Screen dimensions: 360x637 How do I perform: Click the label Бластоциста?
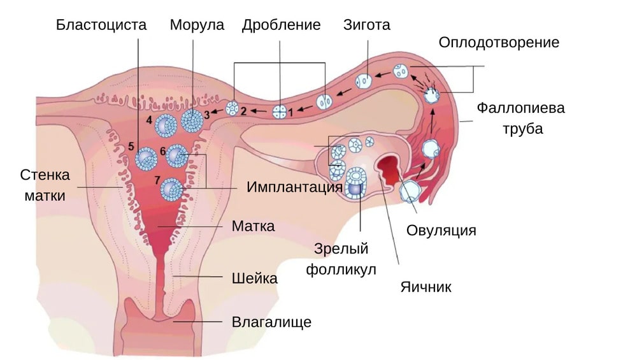click(101, 25)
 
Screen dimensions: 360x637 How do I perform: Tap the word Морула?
click(197, 25)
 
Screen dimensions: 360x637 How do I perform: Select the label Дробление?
click(281, 25)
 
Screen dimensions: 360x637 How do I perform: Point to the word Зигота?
click(366, 25)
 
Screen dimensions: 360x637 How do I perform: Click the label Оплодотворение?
click(499, 43)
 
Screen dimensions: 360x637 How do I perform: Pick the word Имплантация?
click(294, 188)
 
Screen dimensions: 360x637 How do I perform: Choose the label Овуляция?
click(441, 230)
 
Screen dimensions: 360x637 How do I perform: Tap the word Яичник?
click(426, 287)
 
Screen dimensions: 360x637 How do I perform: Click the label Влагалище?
click(271, 322)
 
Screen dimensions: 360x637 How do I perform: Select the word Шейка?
click(254, 278)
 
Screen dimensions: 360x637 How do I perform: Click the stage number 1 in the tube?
click(291, 112)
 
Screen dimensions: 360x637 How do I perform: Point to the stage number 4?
click(149, 119)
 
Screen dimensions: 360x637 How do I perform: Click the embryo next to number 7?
click(171, 189)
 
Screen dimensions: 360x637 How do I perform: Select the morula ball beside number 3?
click(191, 120)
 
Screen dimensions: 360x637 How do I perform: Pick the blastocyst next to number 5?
click(147, 157)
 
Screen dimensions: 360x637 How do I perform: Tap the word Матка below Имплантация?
click(253, 226)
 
